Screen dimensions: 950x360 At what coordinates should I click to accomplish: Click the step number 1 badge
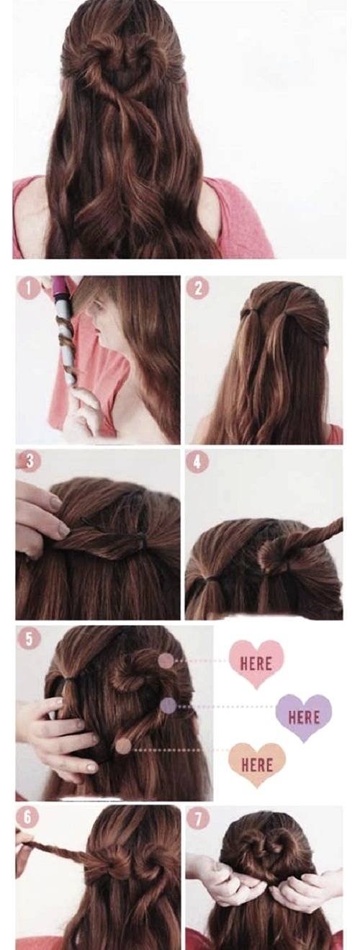(x=29, y=290)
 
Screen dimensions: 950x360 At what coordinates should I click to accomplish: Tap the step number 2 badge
(x=197, y=289)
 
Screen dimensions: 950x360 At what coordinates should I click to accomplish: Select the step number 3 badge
(x=28, y=461)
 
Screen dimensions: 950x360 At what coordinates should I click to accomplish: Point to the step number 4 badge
(x=197, y=462)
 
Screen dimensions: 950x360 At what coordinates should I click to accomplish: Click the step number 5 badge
(x=28, y=639)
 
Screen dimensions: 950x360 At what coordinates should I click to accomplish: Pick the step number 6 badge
(x=28, y=817)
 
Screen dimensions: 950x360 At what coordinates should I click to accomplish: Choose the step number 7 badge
(x=197, y=817)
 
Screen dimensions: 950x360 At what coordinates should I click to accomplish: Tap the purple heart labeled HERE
(x=303, y=717)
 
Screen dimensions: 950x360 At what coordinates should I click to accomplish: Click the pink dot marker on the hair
(x=166, y=660)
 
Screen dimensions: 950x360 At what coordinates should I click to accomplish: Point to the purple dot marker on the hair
(x=168, y=706)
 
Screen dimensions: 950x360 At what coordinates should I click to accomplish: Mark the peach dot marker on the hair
(x=123, y=746)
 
